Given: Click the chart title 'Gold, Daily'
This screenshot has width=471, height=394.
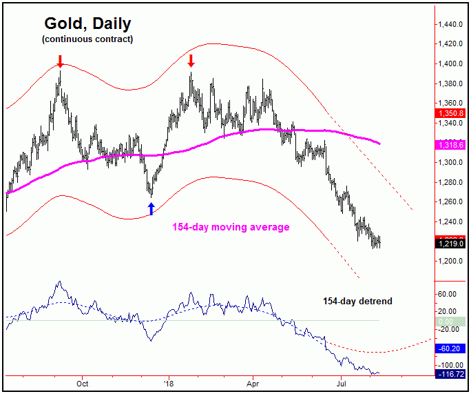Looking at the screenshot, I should point(86,24).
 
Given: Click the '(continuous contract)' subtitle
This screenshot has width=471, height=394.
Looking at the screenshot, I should point(87,39).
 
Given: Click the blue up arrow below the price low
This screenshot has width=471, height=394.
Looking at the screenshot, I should point(151,208).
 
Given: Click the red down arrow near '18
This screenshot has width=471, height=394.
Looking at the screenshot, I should point(191,61).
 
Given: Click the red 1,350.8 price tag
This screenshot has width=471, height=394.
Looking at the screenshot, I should point(450,112).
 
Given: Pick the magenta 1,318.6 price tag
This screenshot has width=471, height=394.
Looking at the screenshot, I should point(450,144).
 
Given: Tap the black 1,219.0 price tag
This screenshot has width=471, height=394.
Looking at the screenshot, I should point(450,244).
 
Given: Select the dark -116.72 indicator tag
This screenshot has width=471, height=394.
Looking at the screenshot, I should point(450,373).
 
